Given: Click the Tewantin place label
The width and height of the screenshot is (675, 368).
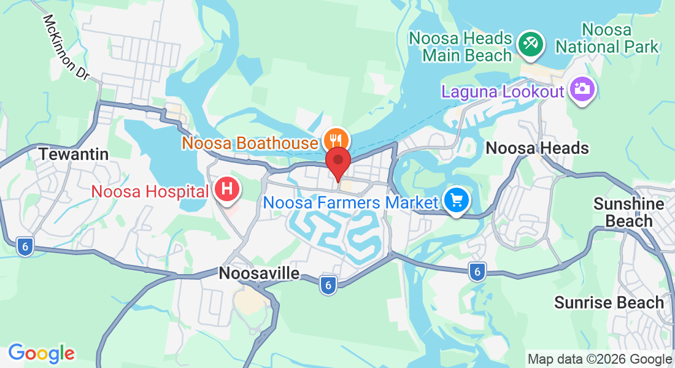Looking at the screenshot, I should click(x=74, y=154).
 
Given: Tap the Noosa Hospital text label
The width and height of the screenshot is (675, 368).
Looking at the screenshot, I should click(x=150, y=191).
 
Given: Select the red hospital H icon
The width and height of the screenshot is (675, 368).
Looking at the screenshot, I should click(x=226, y=190).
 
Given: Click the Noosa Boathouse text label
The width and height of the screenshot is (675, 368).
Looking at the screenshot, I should click(x=249, y=144).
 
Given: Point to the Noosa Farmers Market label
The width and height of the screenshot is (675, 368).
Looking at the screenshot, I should click(x=350, y=202).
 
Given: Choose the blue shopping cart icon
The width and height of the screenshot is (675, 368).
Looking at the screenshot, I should click(x=456, y=201).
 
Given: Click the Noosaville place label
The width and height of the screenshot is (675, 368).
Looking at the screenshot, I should click(x=260, y=274).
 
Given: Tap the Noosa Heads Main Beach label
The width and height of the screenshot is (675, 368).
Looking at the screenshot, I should click(x=460, y=47).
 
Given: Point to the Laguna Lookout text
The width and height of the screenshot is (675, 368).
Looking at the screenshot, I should click(x=502, y=92).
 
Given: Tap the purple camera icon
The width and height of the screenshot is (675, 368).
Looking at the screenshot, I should click(x=581, y=89).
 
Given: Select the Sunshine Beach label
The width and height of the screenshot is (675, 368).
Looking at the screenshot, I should click(x=628, y=212).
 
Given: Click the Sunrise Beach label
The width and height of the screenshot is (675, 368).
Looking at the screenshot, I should click(x=609, y=302).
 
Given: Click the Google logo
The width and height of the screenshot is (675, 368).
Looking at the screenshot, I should click(x=41, y=353).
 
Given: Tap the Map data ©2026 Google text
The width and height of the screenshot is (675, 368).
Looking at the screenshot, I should click(x=600, y=359).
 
